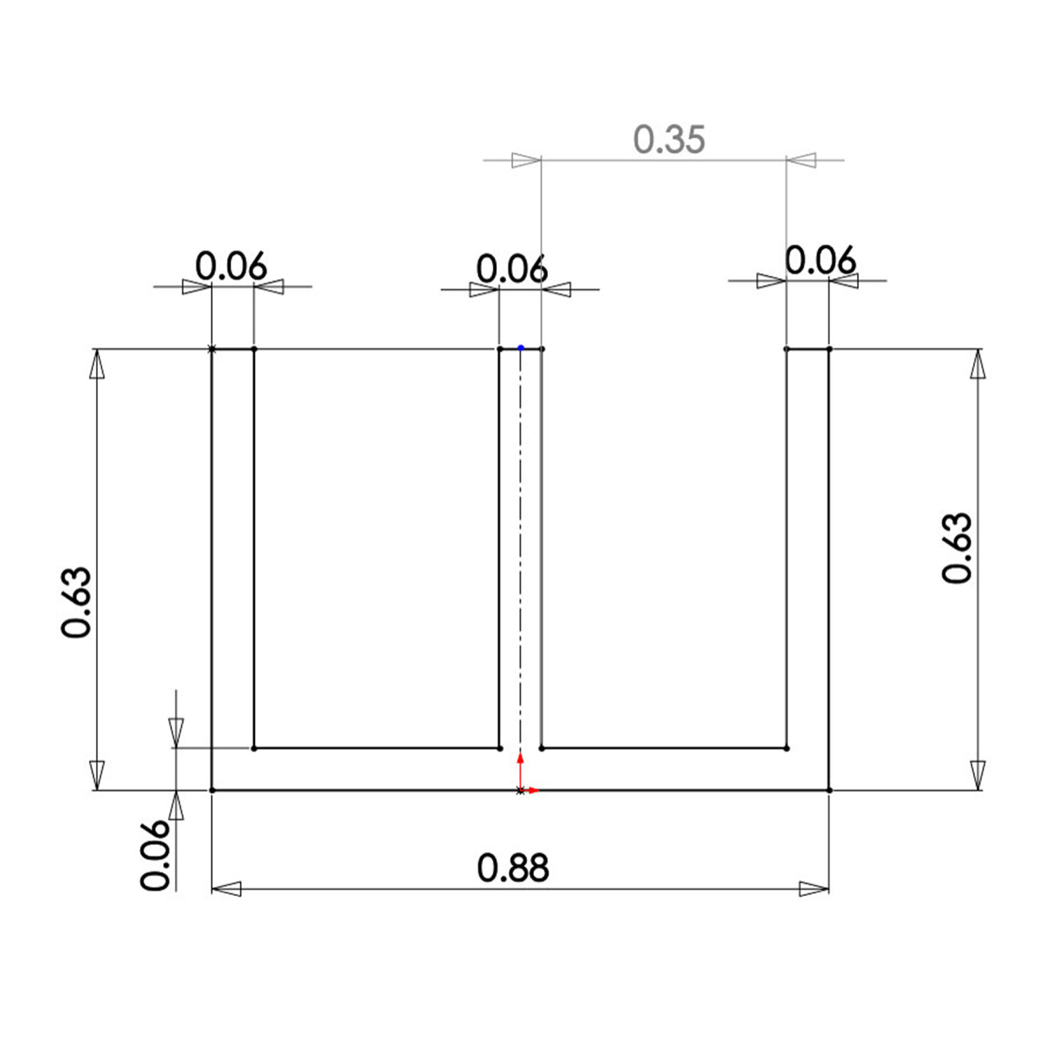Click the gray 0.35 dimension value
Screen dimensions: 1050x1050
tap(669, 139)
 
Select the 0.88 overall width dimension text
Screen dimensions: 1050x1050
tap(513, 868)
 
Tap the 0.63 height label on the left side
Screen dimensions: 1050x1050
tap(76, 602)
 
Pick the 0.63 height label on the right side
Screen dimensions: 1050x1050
tap(957, 548)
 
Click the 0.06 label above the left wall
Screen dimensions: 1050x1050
tap(231, 267)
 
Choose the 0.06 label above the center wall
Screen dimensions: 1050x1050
tap(512, 269)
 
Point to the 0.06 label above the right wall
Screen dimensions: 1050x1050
tap(820, 261)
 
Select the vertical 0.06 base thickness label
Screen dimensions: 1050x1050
tap(155, 855)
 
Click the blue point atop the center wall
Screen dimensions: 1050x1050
tap(521, 348)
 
